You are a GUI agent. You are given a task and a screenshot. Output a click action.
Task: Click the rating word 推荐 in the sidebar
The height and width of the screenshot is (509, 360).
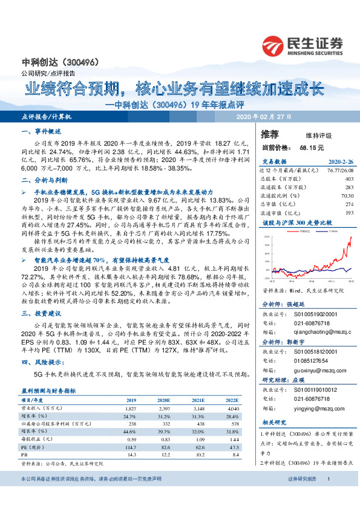(x=270, y=134)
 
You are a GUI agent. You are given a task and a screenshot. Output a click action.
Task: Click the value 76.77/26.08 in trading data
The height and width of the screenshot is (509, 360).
(x=339, y=170)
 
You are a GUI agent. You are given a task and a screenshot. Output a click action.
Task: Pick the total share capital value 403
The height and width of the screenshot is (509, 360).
(x=348, y=179)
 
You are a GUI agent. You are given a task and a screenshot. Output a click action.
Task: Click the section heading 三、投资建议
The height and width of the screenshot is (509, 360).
(x=39, y=313)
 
